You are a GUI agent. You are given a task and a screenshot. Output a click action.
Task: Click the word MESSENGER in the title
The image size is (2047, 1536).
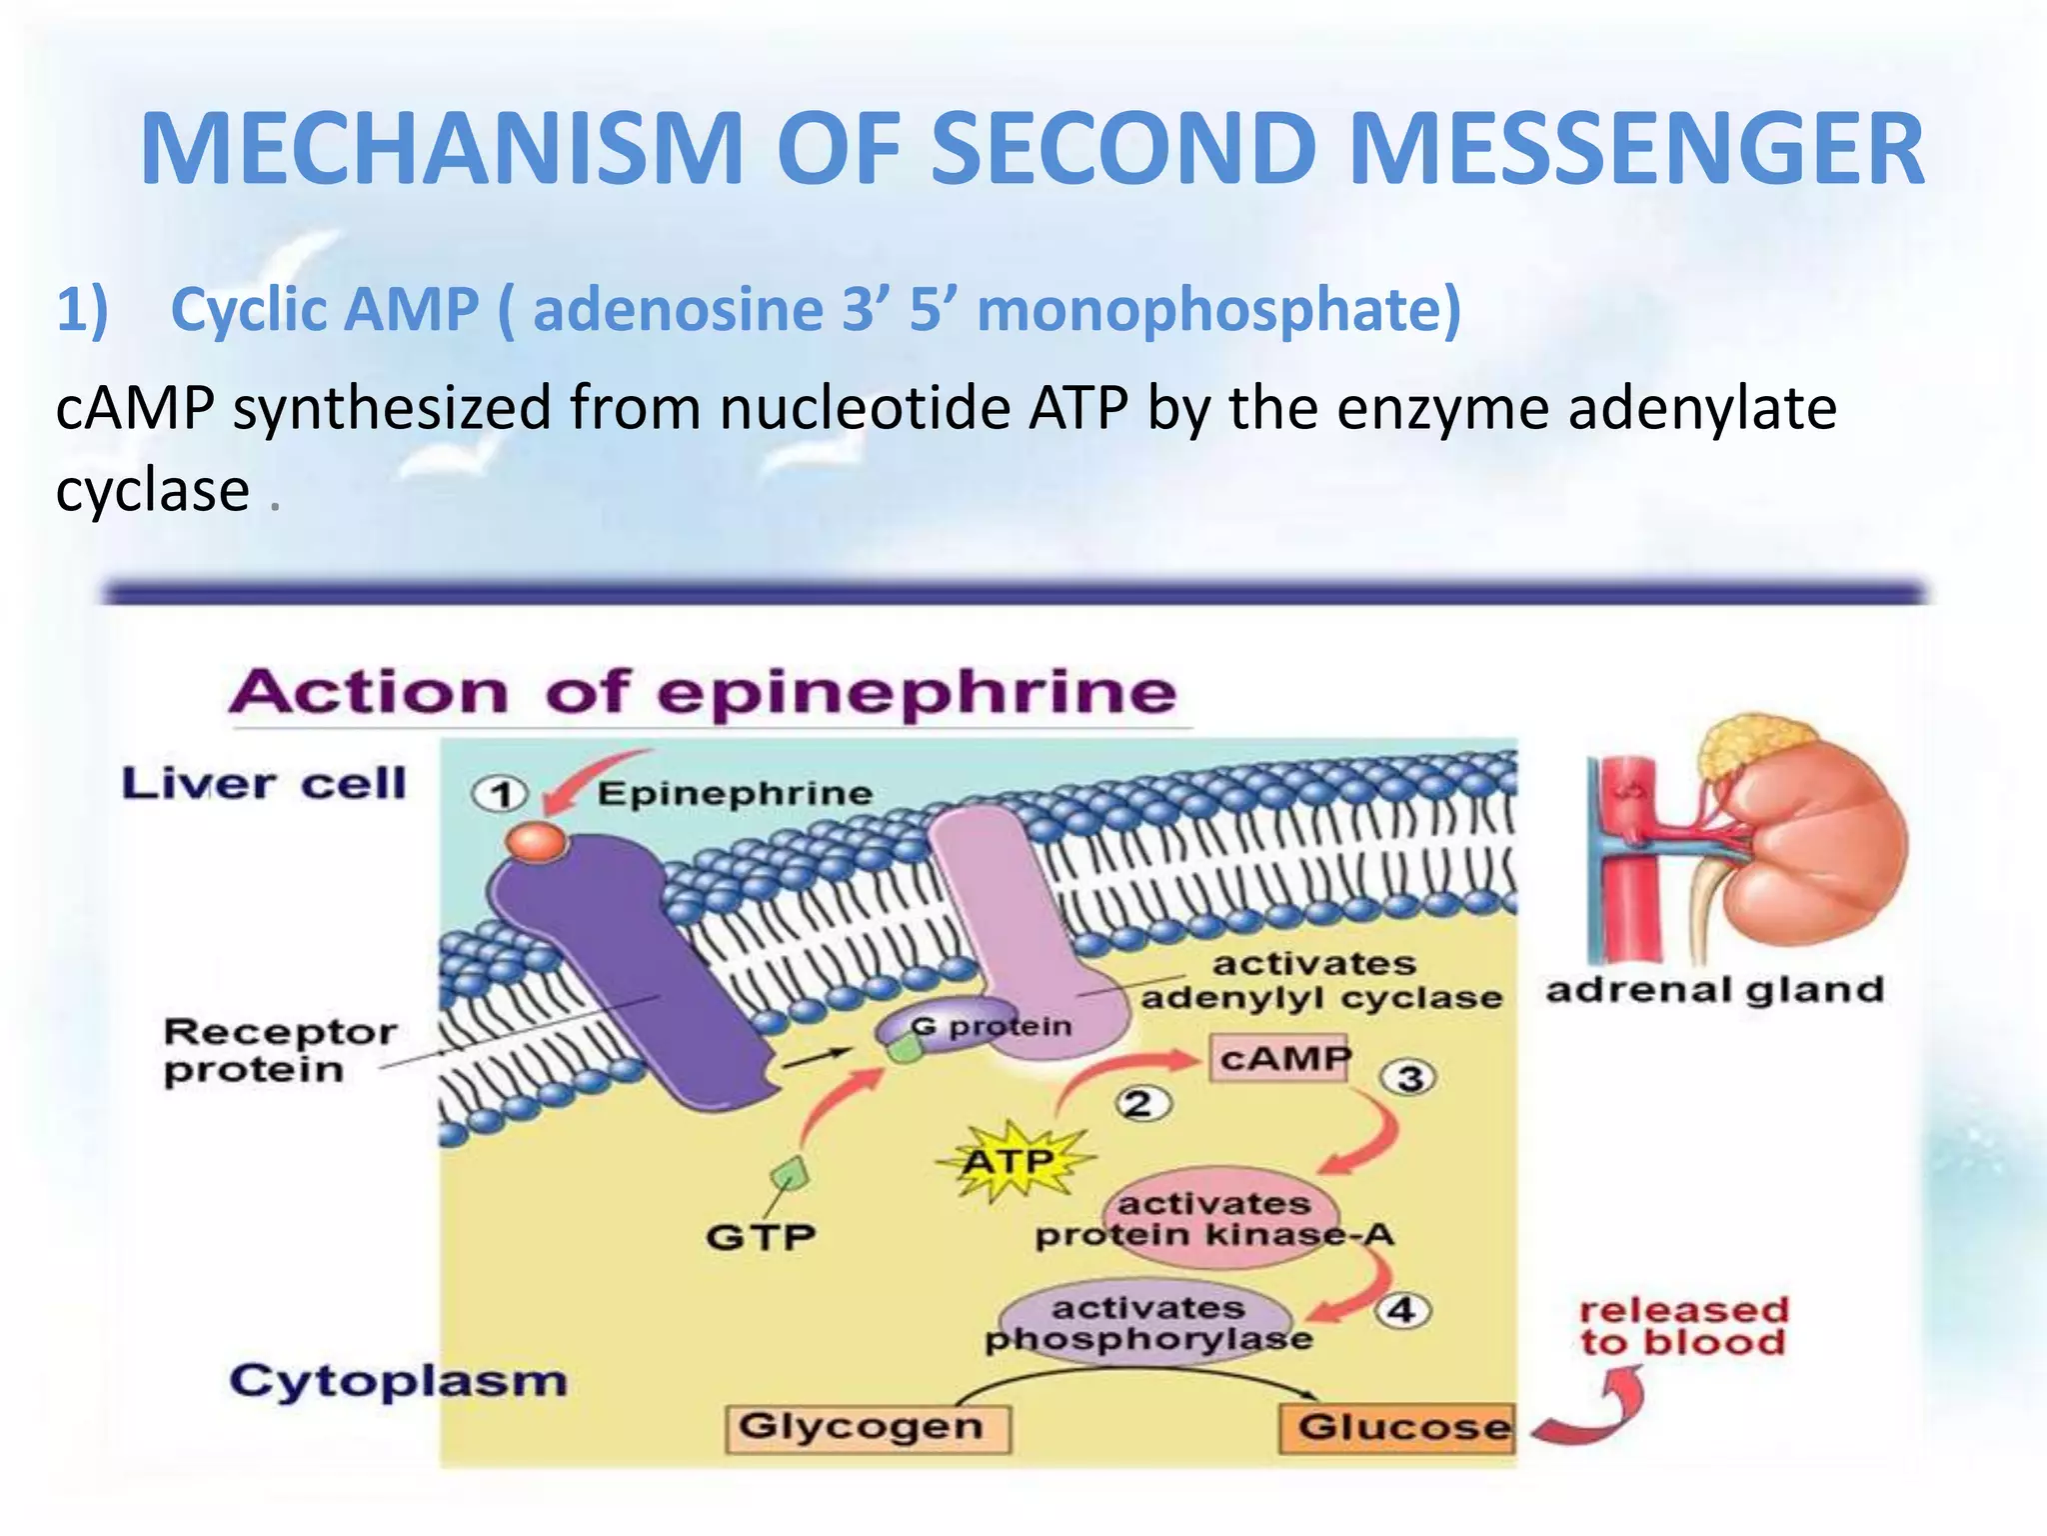[x=1640, y=150]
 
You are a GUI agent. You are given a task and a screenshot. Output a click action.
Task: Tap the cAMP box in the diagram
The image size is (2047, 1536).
[x=1280, y=1058]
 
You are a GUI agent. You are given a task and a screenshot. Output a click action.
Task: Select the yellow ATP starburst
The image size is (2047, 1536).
[x=1012, y=1163]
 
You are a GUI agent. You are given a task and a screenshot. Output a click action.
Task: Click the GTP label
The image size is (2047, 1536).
[x=761, y=1237]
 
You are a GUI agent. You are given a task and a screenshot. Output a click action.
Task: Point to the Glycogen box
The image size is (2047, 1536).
[x=866, y=1427]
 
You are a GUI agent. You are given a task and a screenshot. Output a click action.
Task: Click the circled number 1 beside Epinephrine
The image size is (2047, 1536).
[x=500, y=795]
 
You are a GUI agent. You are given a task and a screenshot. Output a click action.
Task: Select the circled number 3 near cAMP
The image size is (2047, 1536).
[x=1408, y=1078]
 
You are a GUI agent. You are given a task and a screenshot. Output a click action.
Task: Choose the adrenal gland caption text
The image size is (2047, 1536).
[x=1713, y=990]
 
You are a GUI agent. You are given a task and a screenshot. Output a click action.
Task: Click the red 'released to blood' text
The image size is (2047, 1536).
[x=1683, y=1326]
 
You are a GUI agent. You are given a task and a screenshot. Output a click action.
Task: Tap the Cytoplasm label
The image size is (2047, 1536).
[x=398, y=1381]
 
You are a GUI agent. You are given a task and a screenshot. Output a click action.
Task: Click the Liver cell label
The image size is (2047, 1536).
[x=264, y=783]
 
